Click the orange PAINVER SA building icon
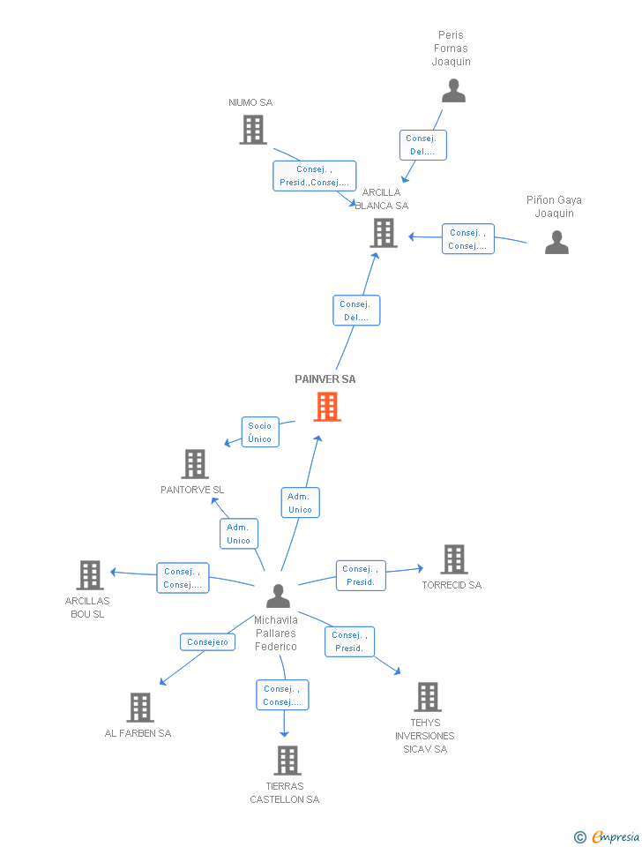tap(327, 407)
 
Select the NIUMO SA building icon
tap(253, 130)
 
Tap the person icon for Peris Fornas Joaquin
tap(453, 91)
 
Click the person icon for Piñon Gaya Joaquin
tap(556, 242)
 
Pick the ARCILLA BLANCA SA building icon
tap(384, 233)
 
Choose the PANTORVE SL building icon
tap(195, 464)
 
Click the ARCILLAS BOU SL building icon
tap(90, 575)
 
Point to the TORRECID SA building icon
tap(454, 559)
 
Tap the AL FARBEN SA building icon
tap(140, 708)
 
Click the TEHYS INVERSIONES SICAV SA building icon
tap(428, 697)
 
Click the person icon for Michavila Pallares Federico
tap(278, 596)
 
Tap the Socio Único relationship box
tap(260, 432)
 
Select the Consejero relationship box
tap(208, 642)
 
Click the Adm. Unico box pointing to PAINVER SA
tap(300, 503)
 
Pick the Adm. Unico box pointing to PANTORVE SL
tap(238, 534)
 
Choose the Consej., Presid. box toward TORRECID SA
tap(361, 575)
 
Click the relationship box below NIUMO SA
tap(315, 176)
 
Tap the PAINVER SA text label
tap(325, 379)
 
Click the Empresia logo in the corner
tap(608, 836)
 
